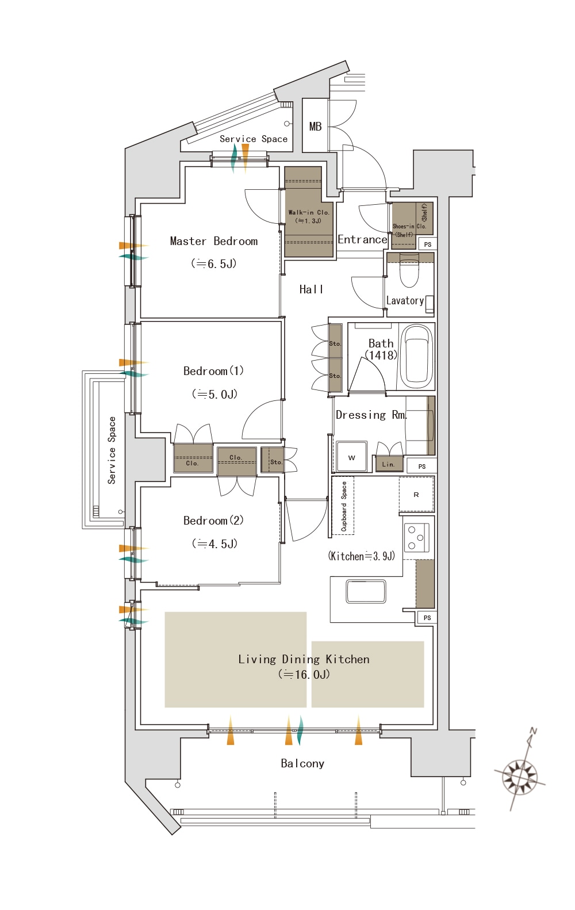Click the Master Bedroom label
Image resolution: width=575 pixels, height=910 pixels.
pyautogui.click(x=213, y=242)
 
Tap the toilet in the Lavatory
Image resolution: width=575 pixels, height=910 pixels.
pyautogui.click(x=409, y=270)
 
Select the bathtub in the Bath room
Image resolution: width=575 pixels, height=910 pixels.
pyautogui.click(x=416, y=356)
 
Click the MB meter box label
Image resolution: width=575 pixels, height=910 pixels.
pyautogui.click(x=315, y=127)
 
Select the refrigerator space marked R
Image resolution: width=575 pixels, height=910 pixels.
pyautogui.click(x=416, y=495)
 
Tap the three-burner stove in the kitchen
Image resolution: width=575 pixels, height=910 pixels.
pyautogui.click(x=417, y=537)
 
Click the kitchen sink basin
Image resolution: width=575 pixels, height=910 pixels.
pyautogui.click(x=366, y=591)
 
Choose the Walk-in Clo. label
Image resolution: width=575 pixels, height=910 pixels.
pyautogui.click(x=309, y=212)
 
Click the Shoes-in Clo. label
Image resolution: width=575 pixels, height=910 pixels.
pyautogui.click(x=409, y=226)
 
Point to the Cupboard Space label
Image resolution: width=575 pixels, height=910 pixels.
pyautogui.click(x=344, y=506)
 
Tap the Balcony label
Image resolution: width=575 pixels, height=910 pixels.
pyautogui.click(x=302, y=763)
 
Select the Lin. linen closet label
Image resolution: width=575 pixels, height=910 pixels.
pyautogui.click(x=388, y=464)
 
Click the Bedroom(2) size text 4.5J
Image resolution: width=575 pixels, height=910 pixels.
pyautogui.click(x=214, y=544)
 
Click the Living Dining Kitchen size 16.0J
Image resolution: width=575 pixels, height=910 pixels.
pyautogui.click(x=304, y=674)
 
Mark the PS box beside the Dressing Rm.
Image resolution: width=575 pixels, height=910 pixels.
pyautogui.click(x=422, y=466)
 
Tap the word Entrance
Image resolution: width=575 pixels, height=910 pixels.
pyautogui.click(x=362, y=239)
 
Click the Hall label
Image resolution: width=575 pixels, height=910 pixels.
pyautogui.click(x=311, y=289)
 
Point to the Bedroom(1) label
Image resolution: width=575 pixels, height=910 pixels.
pyautogui.click(x=213, y=371)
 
